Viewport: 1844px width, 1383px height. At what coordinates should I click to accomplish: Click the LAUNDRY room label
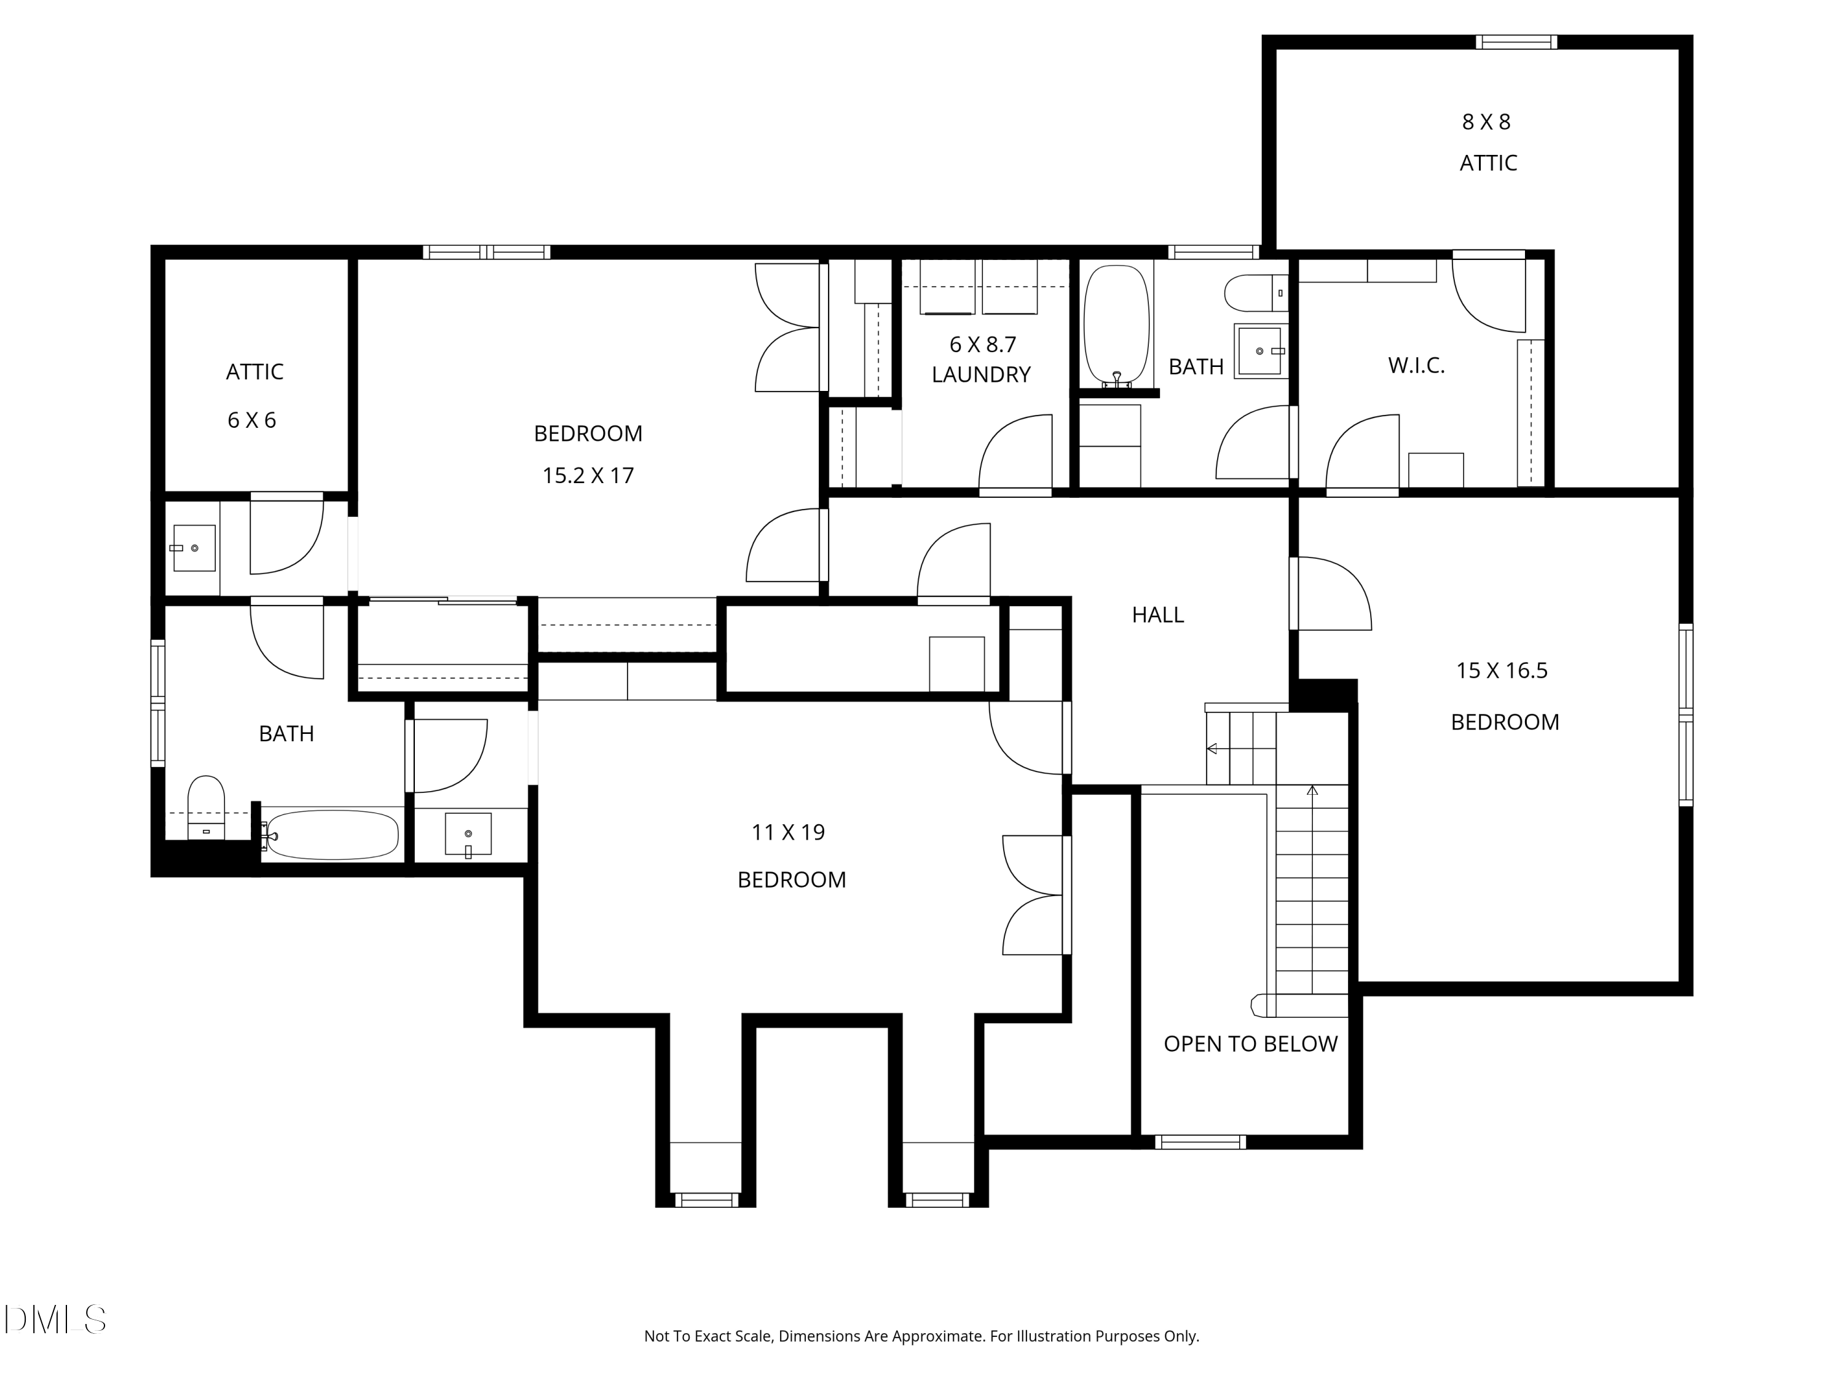[x=981, y=375]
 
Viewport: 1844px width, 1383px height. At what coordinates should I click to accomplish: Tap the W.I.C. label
[x=1416, y=365]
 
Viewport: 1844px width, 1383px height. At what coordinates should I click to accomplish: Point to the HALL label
[x=1158, y=615]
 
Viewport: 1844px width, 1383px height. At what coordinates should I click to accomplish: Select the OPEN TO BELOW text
[x=1250, y=1044]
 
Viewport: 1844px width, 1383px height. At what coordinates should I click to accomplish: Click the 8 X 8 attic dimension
[x=1486, y=122]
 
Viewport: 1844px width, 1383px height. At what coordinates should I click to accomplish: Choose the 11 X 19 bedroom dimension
[x=788, y=833]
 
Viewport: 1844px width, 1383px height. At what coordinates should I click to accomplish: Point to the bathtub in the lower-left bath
[x=333, y=835]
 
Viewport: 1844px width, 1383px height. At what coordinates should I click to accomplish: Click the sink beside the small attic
[x=194, y=548]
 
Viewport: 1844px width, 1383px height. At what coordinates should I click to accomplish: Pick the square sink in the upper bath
[x=1261, y=351]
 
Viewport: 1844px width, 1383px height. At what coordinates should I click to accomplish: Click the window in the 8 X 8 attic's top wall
[x=1516, y=42]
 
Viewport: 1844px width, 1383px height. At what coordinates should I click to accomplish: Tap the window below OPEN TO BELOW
[x=1200, y=1142]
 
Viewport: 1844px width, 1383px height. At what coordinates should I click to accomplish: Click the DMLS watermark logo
[x=55, y=1319]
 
